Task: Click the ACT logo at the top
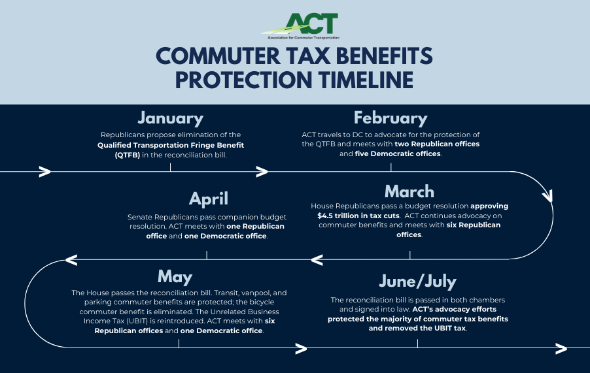(300, 26)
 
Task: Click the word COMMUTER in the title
(218, 56)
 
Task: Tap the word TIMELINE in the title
(366, 80)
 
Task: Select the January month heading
(171, 118)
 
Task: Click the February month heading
(390, 118)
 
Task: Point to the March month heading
(409, 191)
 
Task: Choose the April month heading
(209, 199)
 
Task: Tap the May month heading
(175, 277)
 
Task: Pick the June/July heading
(418, 282)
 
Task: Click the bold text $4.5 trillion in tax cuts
(358, 216)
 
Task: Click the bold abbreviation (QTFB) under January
(127, 155)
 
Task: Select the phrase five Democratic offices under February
(397, 154)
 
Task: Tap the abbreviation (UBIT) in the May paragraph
(139, 321)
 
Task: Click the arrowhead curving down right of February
(547, 196)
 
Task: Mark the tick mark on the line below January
(170, 167)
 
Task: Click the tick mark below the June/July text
(417, 344)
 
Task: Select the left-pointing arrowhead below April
(71, 259)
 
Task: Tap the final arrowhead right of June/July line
(561, 349)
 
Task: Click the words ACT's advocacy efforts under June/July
(454, 309)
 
